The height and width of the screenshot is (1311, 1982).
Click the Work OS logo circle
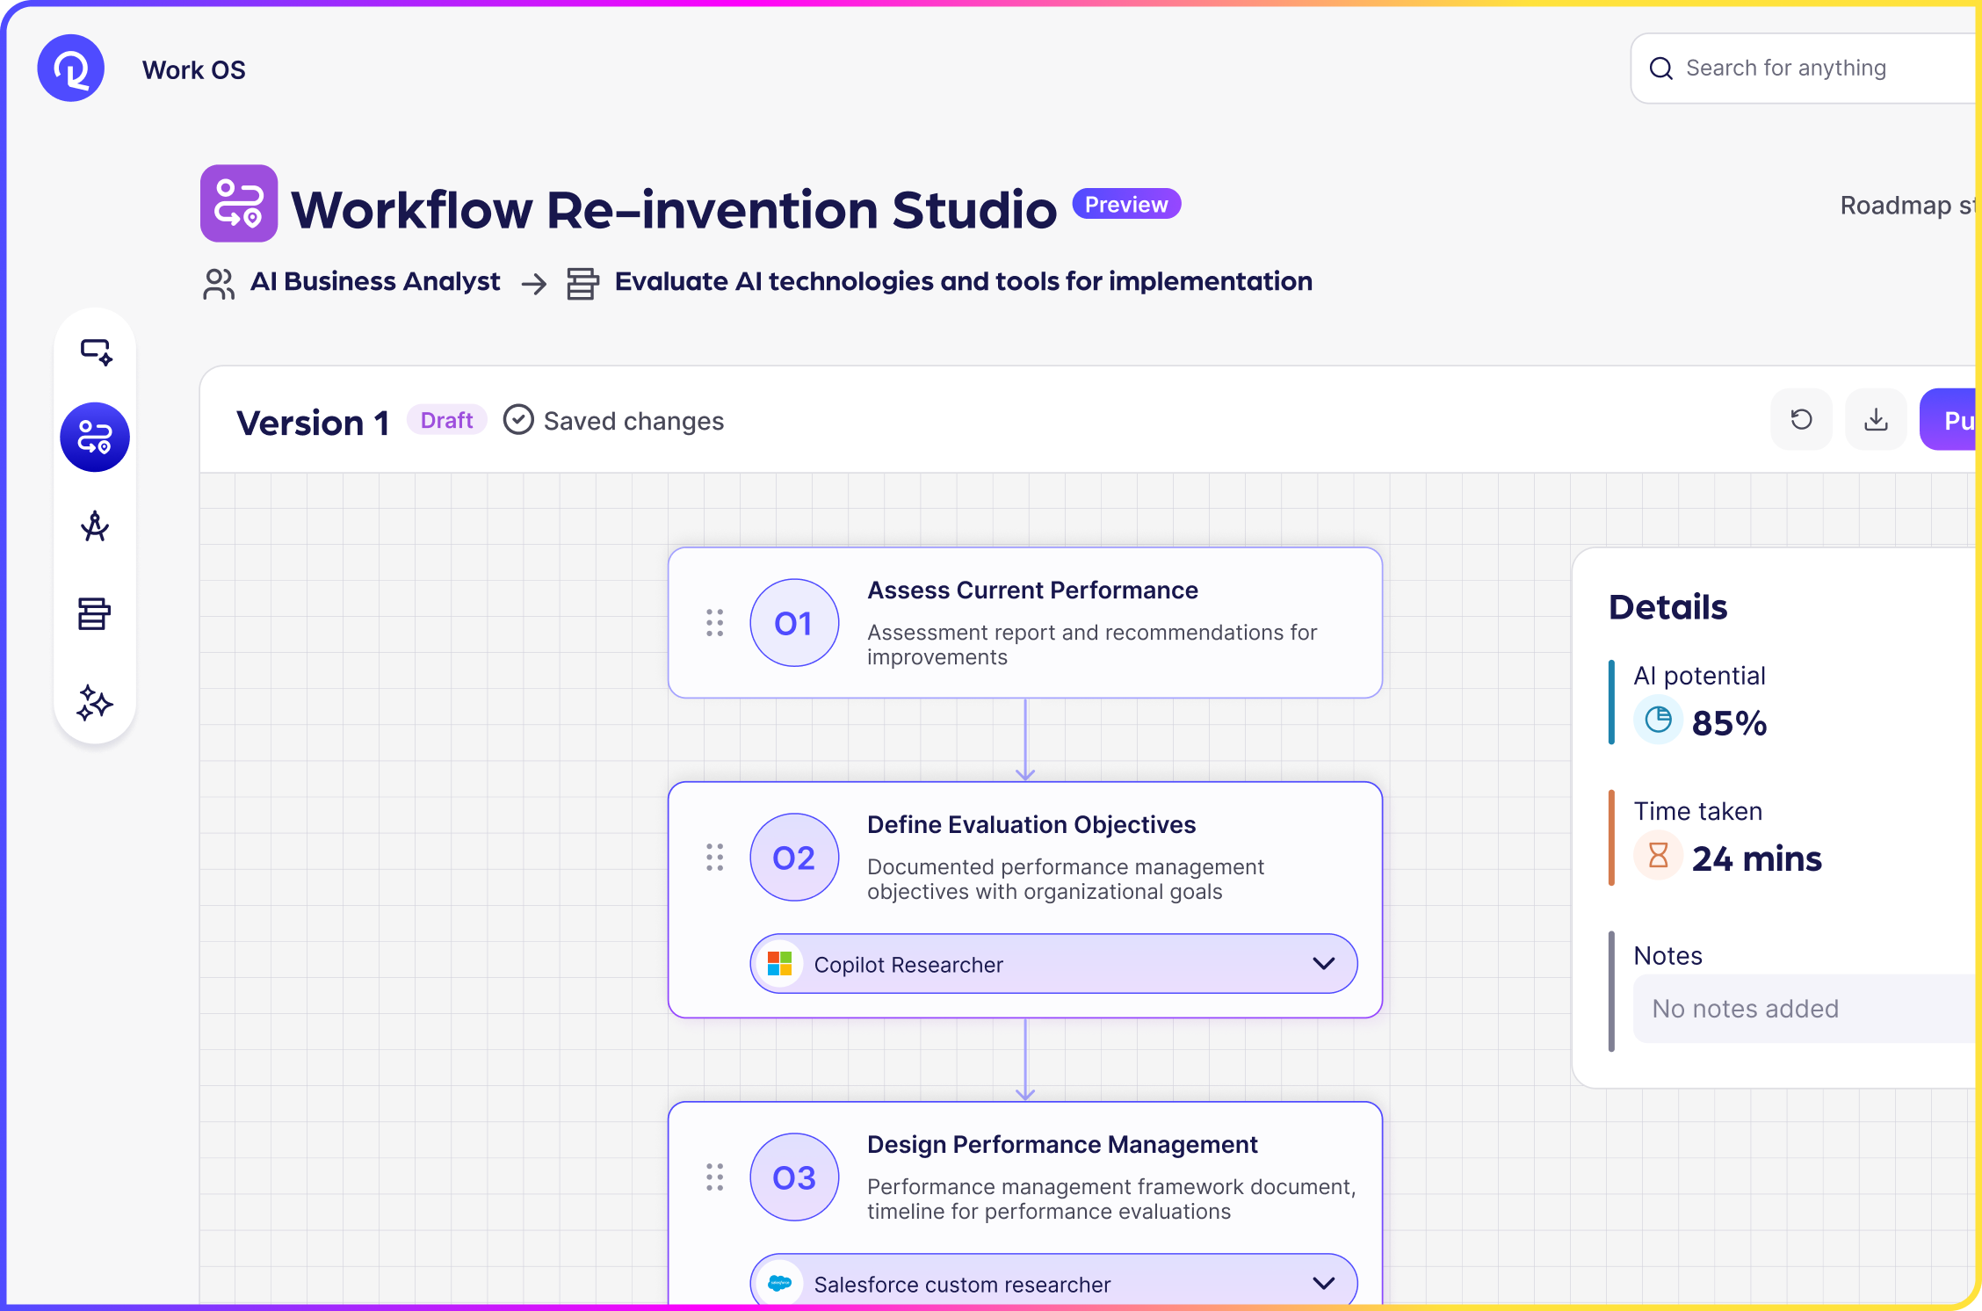[x=70, y=69]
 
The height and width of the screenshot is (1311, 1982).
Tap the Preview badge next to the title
[x=1125, y=205]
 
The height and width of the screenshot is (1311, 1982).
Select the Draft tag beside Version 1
[x=446, y=421]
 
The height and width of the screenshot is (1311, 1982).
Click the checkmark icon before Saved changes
[x=518, y=420]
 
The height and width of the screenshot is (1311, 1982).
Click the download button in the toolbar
[x=1876, y=420]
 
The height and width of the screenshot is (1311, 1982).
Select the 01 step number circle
[x=793, y=623]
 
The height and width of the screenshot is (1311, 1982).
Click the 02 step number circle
[x=793, y=858]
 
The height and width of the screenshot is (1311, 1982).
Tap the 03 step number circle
[x=793, y=1177]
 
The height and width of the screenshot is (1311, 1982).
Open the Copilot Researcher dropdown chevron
[x=1323, y=964]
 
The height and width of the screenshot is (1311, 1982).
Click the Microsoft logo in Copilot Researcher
[x=779, y=964]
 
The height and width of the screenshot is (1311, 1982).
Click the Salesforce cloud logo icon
[x=779, y=1284]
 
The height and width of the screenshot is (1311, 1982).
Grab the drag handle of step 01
[x=715, y=623]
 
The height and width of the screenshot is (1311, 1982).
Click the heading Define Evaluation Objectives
[x=1031, y=825]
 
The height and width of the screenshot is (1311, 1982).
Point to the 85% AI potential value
[x=1729, y=723]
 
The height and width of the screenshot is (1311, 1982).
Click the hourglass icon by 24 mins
[x=1658, y=856]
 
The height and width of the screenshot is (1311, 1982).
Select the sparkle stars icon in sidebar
[x=94, y=703]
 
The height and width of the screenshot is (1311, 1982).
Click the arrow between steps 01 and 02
[x=1025, y=740]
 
